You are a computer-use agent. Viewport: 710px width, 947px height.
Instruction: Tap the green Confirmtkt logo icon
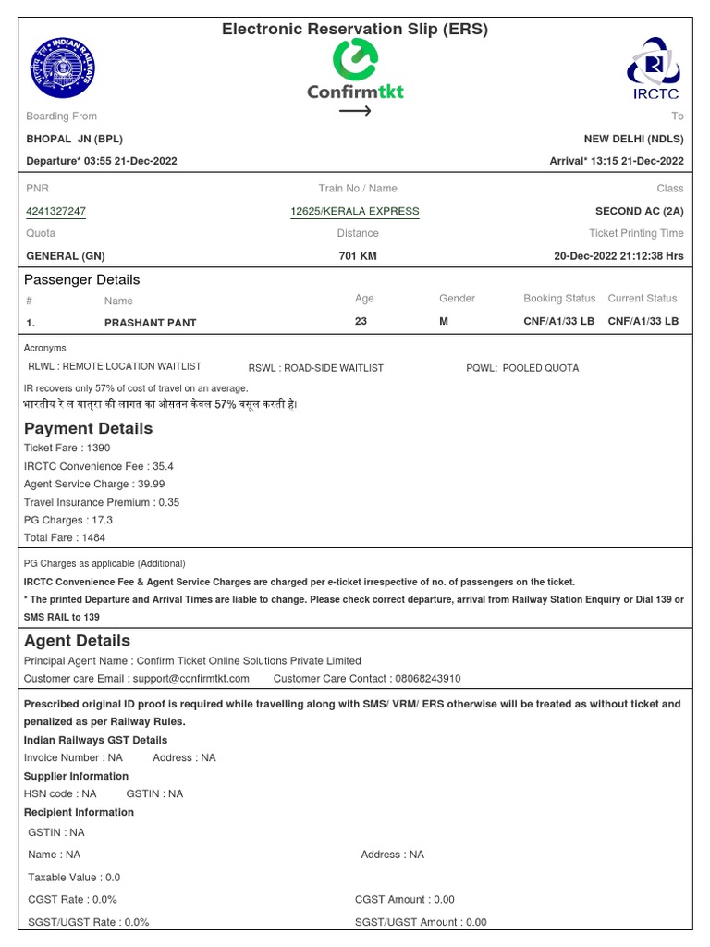coord(355,61)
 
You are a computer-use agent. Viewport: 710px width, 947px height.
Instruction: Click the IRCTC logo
coord(655,68)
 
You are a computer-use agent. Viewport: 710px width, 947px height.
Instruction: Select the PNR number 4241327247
coord(56,211)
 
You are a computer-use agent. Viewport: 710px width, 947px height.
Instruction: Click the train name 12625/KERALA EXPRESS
coord(355,211)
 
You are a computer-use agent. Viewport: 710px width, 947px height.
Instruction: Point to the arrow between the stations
coord(355,111)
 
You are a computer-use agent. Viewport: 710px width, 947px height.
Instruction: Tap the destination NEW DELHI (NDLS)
coord(633,139)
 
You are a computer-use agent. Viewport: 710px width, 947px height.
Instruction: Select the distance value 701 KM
coord(358,256)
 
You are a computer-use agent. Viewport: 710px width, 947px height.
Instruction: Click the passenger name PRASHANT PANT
coord(151,323)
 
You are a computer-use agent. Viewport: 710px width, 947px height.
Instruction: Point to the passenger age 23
coord(361,321)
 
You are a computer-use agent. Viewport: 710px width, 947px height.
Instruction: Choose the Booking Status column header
coord(559,299)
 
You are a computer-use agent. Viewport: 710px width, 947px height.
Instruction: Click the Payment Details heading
coord(89,428)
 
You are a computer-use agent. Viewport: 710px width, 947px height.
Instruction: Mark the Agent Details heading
coord(78,641)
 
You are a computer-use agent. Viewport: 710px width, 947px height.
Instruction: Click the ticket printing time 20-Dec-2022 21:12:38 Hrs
coord(618,256)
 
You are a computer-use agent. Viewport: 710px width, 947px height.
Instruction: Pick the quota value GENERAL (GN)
coord(65,256)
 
